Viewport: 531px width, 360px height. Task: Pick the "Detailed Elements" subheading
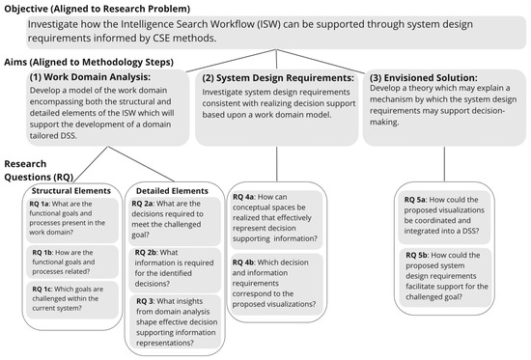(170, 190)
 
